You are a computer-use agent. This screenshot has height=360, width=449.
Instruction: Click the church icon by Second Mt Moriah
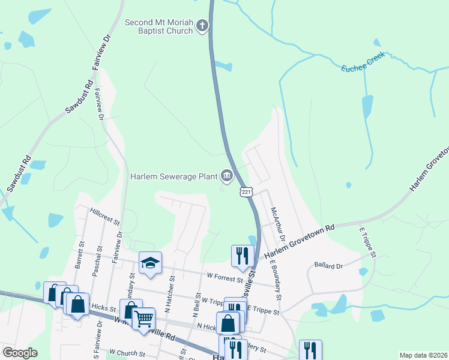202,26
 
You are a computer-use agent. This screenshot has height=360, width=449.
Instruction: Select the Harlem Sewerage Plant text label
174,176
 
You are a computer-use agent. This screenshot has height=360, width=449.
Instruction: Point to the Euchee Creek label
363,67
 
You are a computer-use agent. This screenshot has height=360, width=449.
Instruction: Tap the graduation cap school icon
150,263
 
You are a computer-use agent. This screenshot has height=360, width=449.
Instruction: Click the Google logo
20,353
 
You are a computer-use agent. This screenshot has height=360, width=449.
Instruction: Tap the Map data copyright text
423,355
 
